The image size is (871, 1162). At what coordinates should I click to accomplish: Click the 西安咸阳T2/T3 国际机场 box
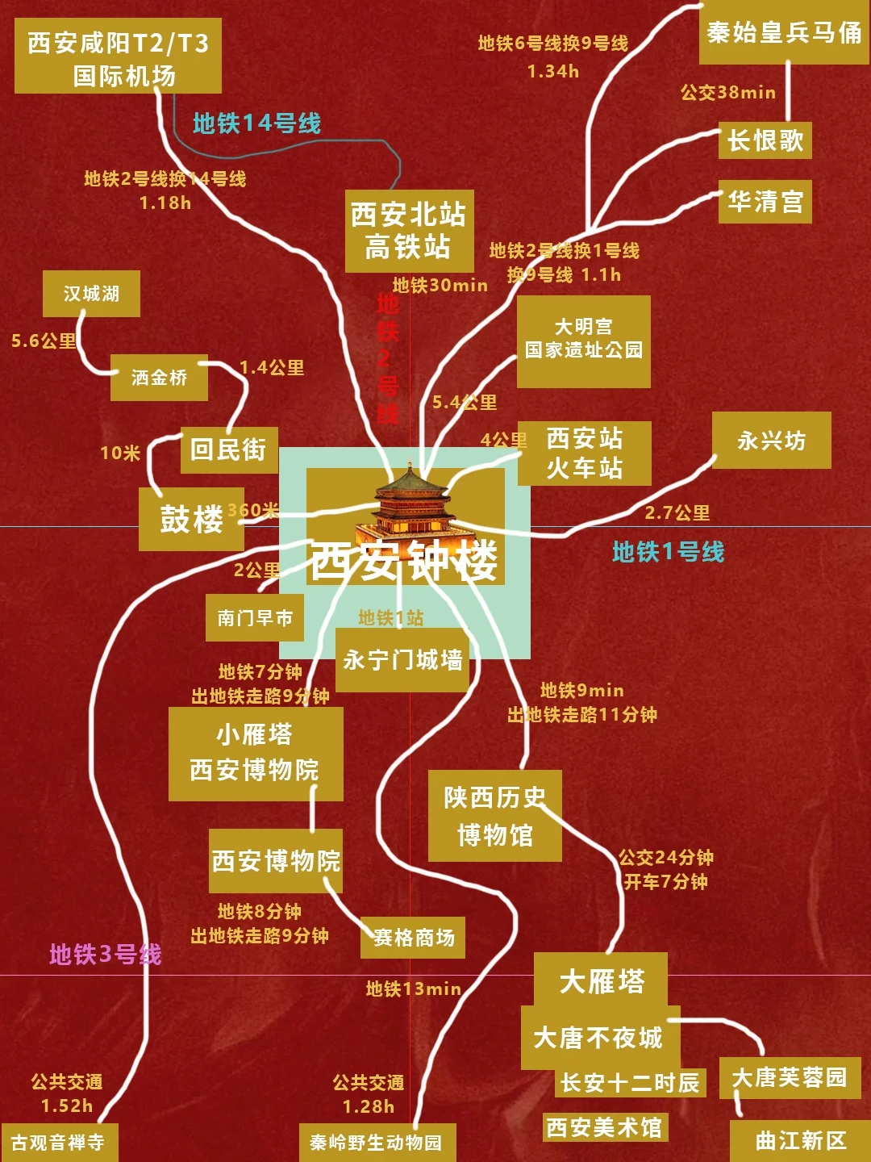tap(118, 56)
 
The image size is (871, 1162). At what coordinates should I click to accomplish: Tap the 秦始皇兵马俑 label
tap(783, 33)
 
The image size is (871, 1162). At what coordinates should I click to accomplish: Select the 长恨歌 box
tap(765, 141)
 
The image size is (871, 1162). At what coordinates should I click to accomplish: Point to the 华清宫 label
tap(765, 201)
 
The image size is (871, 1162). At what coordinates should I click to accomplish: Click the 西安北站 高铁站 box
tap(409, 231)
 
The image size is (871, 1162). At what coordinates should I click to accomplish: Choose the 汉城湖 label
tap(91, 294)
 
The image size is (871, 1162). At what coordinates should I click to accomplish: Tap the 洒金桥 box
tap(159, 378)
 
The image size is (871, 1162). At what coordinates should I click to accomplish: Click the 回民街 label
tap(229, 449)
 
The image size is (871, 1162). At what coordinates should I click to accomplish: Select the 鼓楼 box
tap(191, 519)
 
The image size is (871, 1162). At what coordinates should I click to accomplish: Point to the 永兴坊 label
tap(771, 441)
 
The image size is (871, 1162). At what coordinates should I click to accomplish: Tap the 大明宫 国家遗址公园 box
tap(583, 340)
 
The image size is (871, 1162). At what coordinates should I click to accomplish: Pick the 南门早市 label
tap(254, 618)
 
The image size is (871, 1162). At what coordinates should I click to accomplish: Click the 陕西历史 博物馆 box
tap(494, 816)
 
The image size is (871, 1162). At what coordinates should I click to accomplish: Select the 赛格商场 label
tap(413, 938)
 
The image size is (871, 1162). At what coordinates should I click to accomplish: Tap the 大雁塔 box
tap(601, 980)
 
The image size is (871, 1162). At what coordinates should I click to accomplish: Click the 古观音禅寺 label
tap(59, 1143)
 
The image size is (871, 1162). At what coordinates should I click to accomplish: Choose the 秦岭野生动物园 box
tap(377, 1143)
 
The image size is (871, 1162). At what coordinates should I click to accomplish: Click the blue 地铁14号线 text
tap(256, 123)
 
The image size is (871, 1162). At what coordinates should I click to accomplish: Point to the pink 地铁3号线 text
tap(105, 955)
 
